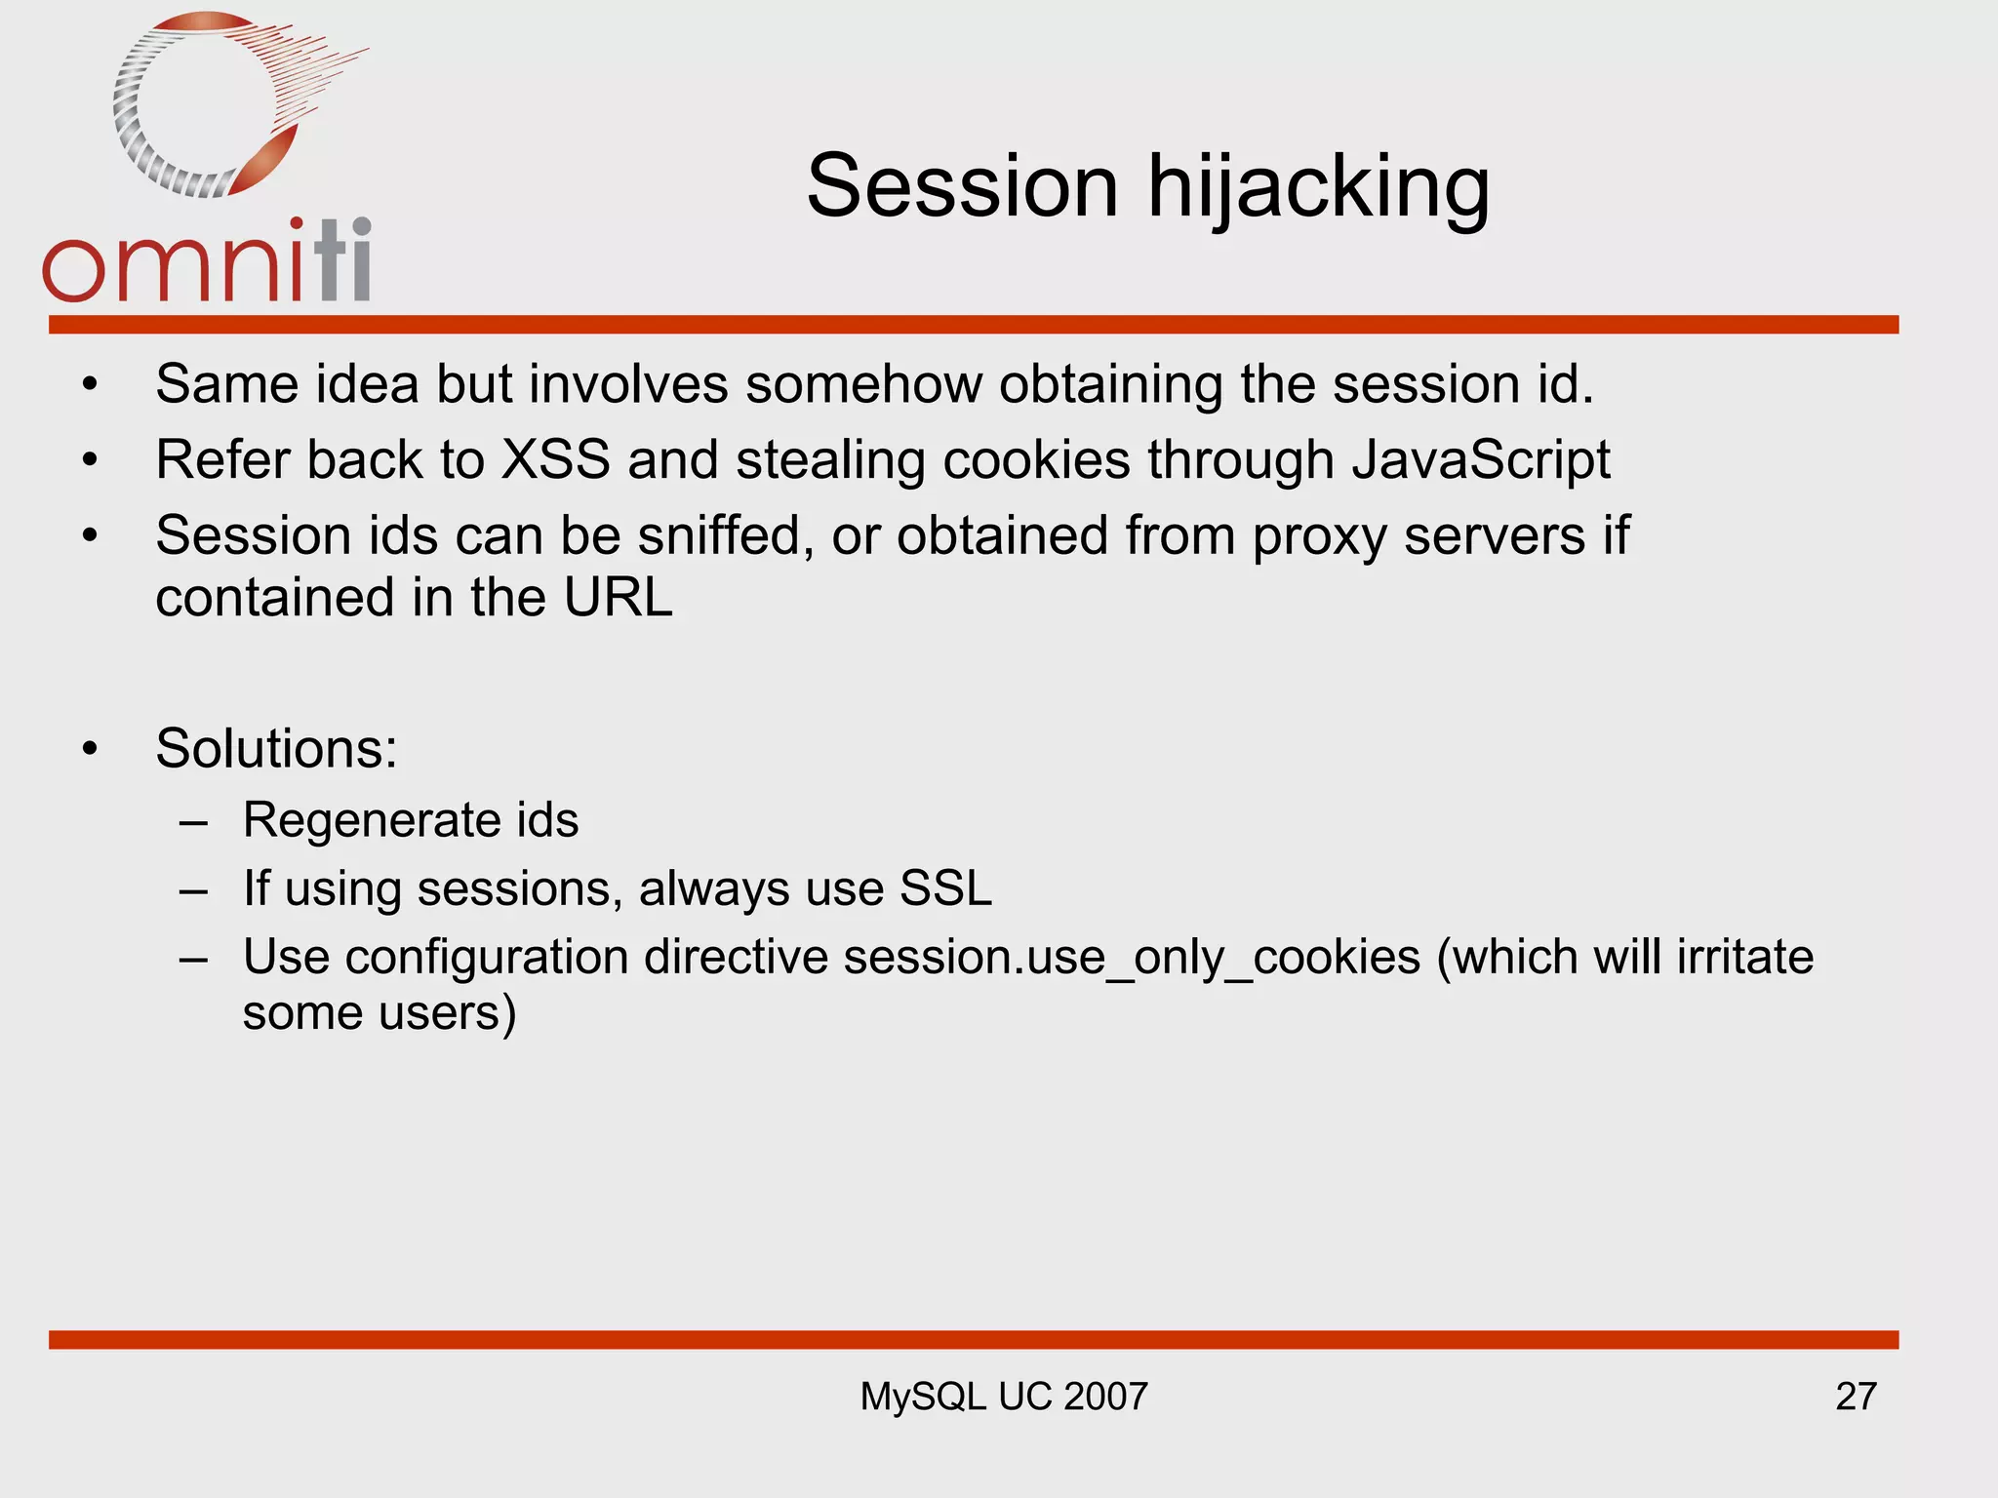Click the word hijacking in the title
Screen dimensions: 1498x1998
click(x=1318, y=187)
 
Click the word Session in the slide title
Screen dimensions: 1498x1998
click(x=962, y=187)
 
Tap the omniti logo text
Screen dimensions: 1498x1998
click(x=207, y=263)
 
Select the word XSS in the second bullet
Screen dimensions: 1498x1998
click(x=555, y=459)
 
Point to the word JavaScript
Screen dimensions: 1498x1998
click(x=1481, y=459)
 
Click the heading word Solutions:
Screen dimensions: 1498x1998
click(x=277, y=749)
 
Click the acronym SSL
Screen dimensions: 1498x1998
click(x=945, y=888)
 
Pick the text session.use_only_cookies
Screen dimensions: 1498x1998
click(x=1132, y=957)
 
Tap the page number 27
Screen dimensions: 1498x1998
click(x=1856, y=1397)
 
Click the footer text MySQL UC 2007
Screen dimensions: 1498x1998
click(x=1004, y=1397)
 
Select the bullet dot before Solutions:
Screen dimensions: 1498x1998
click(x=91, y=750)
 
